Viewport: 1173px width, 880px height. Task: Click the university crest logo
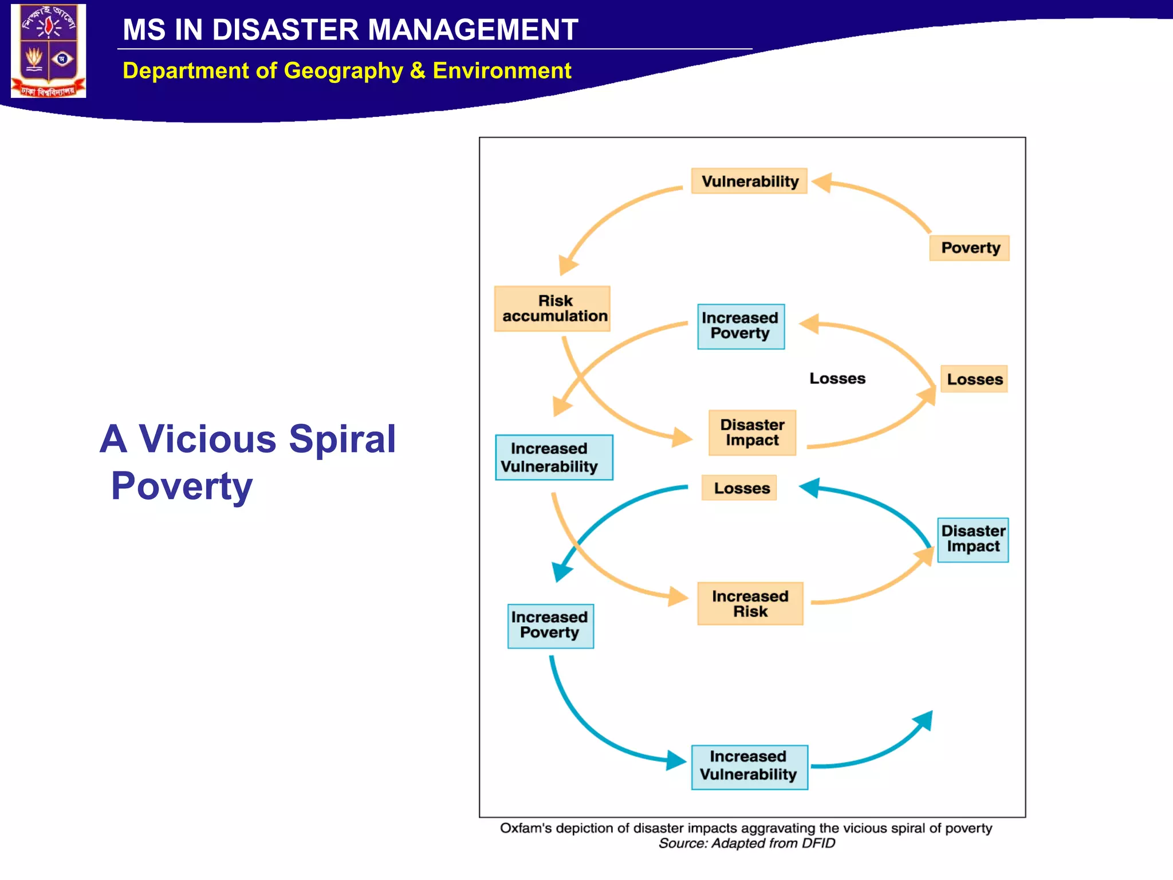pyautogui.click(x=49, y=51)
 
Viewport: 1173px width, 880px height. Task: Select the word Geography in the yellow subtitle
pyautogui.click(x=344, y=71)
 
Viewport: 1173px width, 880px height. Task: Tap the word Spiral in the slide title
pyautogui.click(x=342, y=439)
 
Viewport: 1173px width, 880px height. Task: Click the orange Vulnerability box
pyautogui.click(x=749, y=181)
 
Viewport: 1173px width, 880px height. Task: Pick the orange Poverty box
pyautogui.click(x=969, y=248)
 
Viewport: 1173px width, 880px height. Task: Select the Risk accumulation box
pyautogui.click(x=552, y=309)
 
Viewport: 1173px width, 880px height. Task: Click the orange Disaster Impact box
pyautogui.click(x=752, y=433)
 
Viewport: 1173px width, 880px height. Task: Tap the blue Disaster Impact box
pyautogui.click(x=973, y=540)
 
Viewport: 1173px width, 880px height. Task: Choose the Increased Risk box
pyautogui.click(x=750, y=603)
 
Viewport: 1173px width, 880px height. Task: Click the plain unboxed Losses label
pyautogui.click(x=837, y=379)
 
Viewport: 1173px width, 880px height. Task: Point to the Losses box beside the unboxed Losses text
pyautogui.click(x=974, y=379)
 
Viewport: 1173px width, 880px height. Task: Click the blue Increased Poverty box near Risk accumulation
pyautogui.click(x=741, y=326)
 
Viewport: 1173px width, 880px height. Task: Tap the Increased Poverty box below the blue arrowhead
pyautogui.click(x=550, y=626)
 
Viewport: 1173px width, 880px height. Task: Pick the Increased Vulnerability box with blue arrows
pyautogui.click(x=749, y=767)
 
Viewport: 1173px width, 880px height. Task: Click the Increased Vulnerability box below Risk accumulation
pyautogui.click(x=554, y=457)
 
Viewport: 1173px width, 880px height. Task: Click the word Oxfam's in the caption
pyautogui.click(x=525, y=828)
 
